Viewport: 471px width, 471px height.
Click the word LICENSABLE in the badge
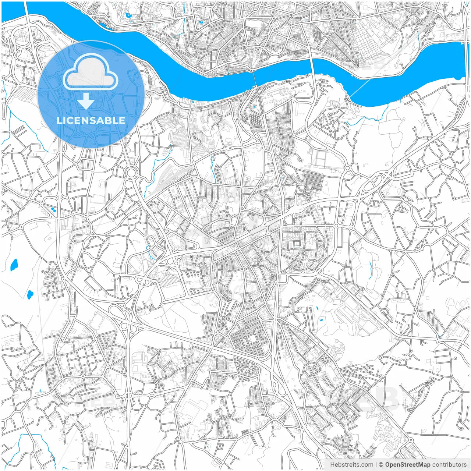click(91, 120)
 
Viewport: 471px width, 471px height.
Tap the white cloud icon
click(91, 73)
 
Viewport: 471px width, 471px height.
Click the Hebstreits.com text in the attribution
click(351, 465)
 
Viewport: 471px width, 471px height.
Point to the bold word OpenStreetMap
click(408, 465)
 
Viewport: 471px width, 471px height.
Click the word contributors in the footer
click(449, 465)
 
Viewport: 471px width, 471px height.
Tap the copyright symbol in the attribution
click(381, 465)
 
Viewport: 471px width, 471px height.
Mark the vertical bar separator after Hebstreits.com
click(376, 465)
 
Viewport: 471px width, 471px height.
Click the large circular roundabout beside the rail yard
click(131, 172)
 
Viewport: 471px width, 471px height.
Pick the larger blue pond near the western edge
click(14, 265)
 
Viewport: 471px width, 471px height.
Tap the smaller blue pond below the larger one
click(30, 294)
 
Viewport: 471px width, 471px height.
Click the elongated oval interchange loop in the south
click(274, 386)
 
